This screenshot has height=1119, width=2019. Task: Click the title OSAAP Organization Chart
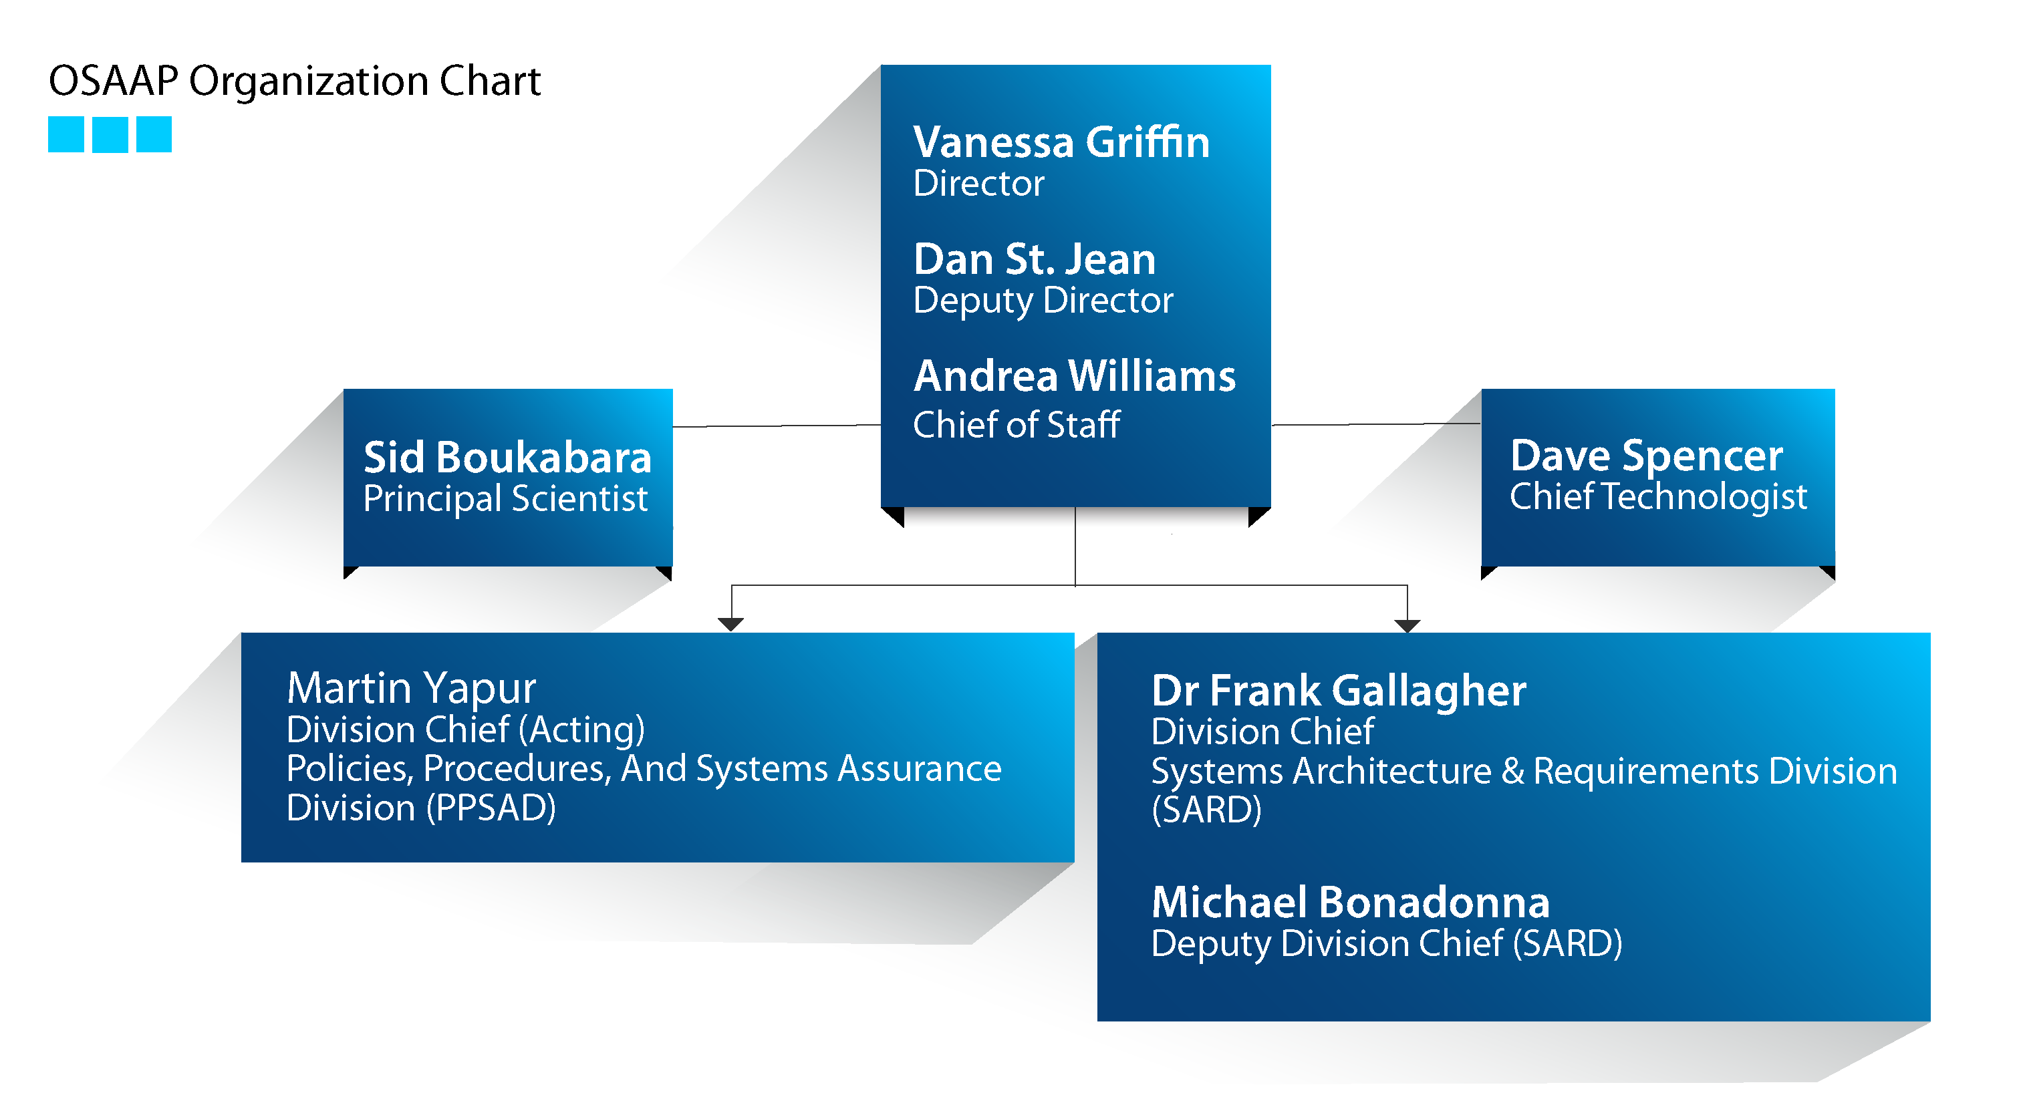pyautogui.click(x=295, y=81)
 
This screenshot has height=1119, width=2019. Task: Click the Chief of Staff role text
pyautogui.click(x=1017, y=425)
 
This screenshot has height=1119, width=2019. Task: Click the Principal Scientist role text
pyautogui.click(x=505, y=499)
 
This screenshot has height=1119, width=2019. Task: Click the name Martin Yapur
pyautogui.click(x=412, y=689)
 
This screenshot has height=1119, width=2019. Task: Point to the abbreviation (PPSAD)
pyautogui.click(x=491, y=808)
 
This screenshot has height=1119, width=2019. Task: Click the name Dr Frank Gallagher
pyautogui.click(x=1339, y=691)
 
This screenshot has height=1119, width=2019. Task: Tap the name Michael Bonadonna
pyautogui.click(x=1351, y=902)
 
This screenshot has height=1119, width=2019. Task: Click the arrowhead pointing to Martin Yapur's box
pyautogui.click(x=730, y=625)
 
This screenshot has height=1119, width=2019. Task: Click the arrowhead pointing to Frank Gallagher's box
pyautogui.click(x=1407, y=625)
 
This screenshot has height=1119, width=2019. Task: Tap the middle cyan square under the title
pyautogui.click(x=110, y=134)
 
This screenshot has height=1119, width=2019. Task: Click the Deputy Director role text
pyautogui.click(x=1043, y=301)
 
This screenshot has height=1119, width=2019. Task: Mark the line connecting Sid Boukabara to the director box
pyautogui.click(x=777, y=426)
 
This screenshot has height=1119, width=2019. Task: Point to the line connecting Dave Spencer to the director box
pyautogui.click(x=1375, y=424)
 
